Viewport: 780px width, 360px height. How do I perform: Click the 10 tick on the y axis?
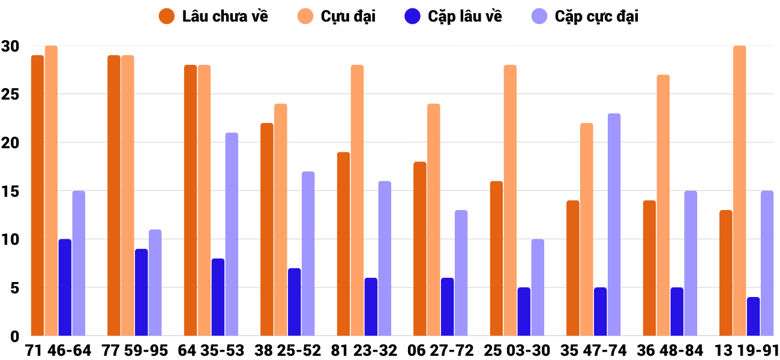coord(11,239)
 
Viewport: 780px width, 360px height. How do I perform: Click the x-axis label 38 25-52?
coord(288,350)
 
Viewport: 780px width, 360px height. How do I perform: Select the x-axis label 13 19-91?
coord(746,350)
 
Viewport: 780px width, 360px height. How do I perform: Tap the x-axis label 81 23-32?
coord(364,350)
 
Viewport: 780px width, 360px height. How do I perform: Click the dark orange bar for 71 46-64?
coord(37,196)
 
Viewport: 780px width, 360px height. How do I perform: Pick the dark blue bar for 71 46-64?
coord(65,287)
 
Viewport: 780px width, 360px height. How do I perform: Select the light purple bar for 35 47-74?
coord(614,224)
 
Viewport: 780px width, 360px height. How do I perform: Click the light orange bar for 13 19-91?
coord(739,191)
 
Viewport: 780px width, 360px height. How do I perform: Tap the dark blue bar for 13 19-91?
coord(753,316)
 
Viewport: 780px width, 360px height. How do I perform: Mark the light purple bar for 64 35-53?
coord(232,234)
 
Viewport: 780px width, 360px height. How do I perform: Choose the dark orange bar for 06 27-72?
coord(419,248)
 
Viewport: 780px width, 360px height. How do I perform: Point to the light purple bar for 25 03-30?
coord(538,287)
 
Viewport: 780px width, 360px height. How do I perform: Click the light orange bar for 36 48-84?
coord(663,205)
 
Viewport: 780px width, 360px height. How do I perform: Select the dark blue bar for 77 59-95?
coord(141,292)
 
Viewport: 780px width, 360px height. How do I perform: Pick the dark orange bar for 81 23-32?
coord(343,244)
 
